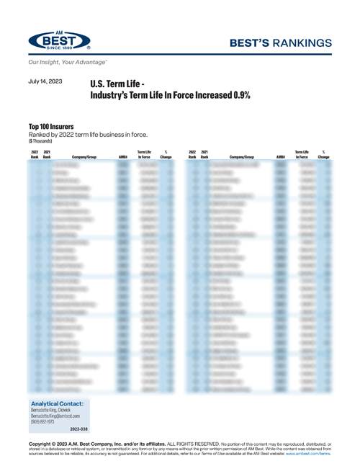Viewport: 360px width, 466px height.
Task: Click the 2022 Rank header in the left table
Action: (35, 154)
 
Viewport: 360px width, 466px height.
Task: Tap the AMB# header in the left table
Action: (122, 156)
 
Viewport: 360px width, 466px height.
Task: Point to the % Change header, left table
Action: (166, 154)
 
